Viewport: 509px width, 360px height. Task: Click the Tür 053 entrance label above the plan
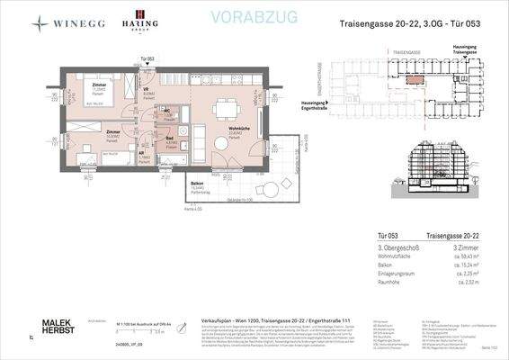click(x=148, y=58)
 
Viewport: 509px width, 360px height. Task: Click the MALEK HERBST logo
click(x=60, y=326)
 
